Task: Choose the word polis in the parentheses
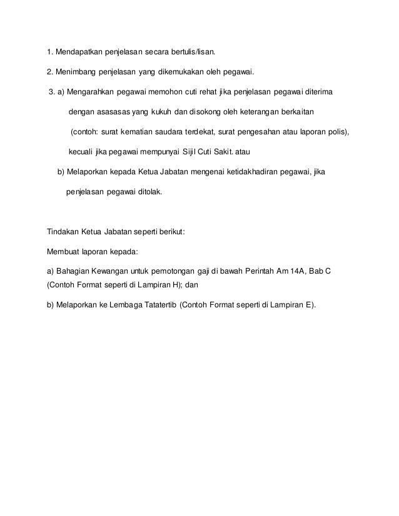pyautogui.click(x=336, y=132)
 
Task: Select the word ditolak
pyautogui.click(x=144, y=193)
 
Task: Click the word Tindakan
pyautogui.click(x=63, y=231)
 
